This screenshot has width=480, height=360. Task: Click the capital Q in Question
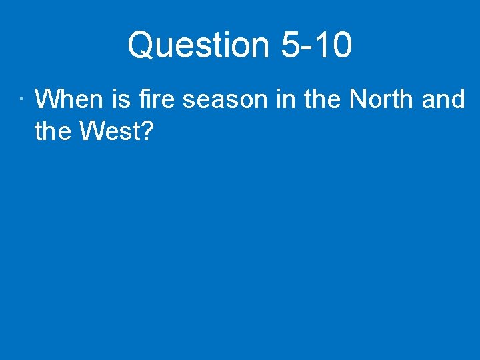click(141, 45)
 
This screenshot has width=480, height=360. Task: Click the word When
click(69, 99)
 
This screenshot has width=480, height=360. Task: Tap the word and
click(443, 99)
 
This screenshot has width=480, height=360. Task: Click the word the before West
click(53, 131)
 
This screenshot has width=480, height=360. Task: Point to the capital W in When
click(47, 99)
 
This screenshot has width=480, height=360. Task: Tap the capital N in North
click(358, 99)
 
